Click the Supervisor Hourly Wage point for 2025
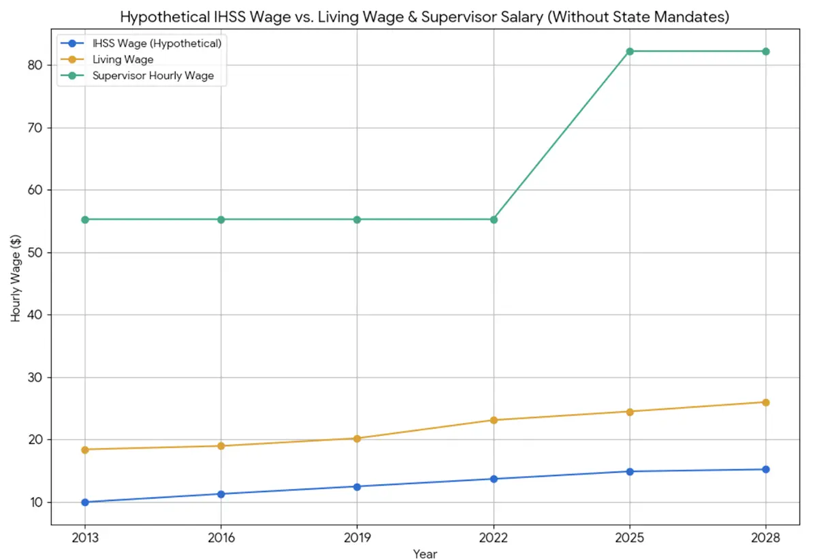(x=630, y=52)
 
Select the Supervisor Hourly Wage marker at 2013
(x=85, y=219)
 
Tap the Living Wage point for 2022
(x=494, y=420)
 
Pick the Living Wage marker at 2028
(x=766, y=402)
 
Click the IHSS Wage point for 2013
(x=85, y=502)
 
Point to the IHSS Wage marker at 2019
(x=357, y=486)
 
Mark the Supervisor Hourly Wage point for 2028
(x=766, y=52)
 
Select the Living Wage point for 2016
(x=221, y=446)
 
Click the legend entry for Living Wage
(x=123, y=60)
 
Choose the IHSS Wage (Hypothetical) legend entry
(x=157, y=44)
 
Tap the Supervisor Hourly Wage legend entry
(x=153, y=76)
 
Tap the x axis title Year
(x=425, y=553)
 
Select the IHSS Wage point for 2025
(x=630, y=471)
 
